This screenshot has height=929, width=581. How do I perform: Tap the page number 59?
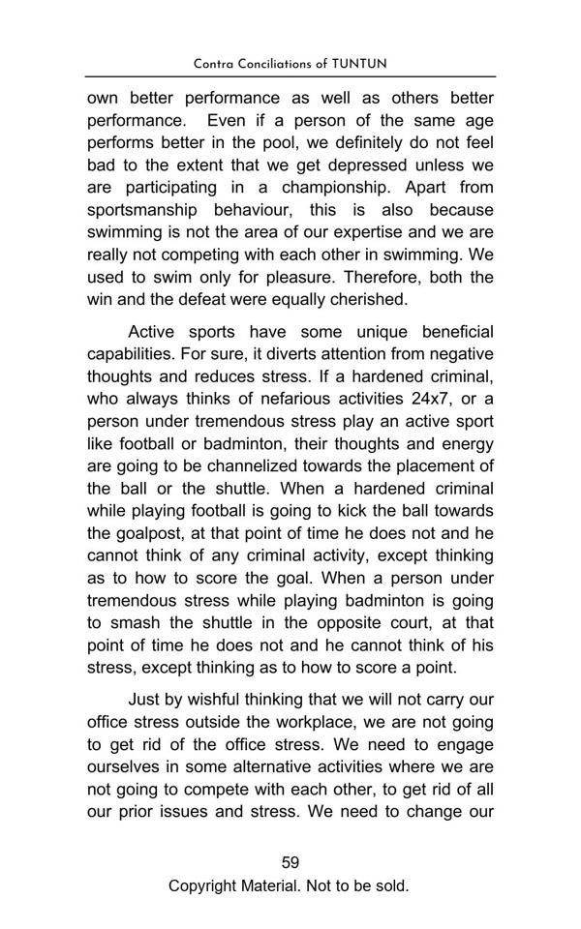click(x=290, y=862)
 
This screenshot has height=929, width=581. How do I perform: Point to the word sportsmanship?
click(x=145, y=210)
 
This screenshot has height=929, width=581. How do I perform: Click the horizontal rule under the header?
click(x=290, y=76)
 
